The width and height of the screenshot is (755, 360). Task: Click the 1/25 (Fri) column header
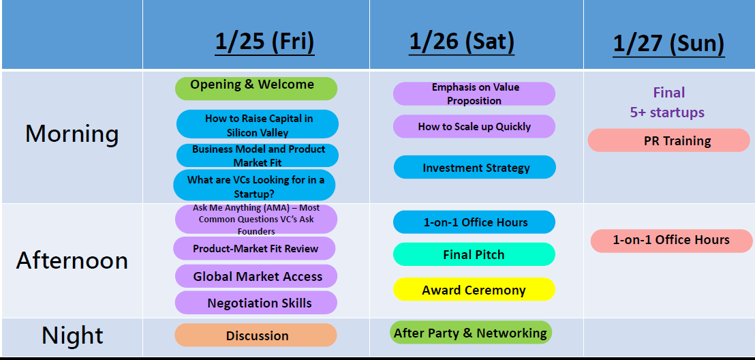click(264, 42)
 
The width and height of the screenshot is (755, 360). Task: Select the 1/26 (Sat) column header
click(462, 42)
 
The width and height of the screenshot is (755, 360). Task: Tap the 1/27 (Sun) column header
click(669, 44)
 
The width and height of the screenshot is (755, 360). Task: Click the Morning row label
click(72, 134)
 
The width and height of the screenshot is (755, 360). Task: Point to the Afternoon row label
click(72, 260)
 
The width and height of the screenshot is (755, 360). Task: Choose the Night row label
click(72, 335)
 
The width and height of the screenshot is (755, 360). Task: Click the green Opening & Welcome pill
click(256, 88)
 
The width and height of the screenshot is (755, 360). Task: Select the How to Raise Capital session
click(257, 124)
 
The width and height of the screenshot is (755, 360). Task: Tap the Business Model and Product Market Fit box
click(257, 155)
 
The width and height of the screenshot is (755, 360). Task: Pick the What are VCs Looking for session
click(254, 185)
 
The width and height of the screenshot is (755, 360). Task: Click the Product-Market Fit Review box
click(254, 249)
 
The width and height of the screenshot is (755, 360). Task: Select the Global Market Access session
click(256, 276)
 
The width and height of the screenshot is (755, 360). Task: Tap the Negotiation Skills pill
click(256, 303)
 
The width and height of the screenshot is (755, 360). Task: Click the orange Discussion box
click(256, 335)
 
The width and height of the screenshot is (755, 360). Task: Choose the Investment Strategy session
click(475, 167)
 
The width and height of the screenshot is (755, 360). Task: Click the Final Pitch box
click(474, 254)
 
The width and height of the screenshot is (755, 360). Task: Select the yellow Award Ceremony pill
click(474, 289)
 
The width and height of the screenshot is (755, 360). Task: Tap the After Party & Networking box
click(470, 333)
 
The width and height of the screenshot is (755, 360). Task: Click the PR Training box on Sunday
click(669, 140)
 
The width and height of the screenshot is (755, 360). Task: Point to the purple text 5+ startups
click(667, 112)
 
